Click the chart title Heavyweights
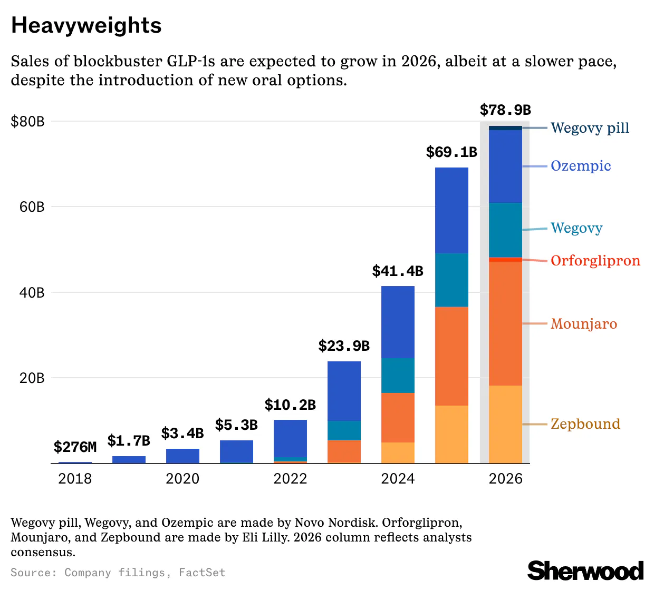pos(86,25)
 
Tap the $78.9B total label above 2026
pos(505,110)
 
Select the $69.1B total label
pos(451,152)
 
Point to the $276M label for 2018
pos(75,447)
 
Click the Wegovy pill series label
pos(590,128)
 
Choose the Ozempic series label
pos(581,166)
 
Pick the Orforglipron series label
pos(595,261)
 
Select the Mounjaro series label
pos(583,324)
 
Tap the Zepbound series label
pos(585,424)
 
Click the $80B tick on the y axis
pos(28,122)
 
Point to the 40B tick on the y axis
pos(32,292)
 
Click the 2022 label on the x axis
pos(290,478)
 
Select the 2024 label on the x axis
pos(398,478)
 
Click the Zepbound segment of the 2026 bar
pos(505,424)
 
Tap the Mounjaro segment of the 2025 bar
pos(451,356)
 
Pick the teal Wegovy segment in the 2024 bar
pos(398,375)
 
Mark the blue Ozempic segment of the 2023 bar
pos(344,391)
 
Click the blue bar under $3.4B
pos(182,456)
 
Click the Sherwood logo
pos(585,571)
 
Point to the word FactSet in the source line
pos(202,573)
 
